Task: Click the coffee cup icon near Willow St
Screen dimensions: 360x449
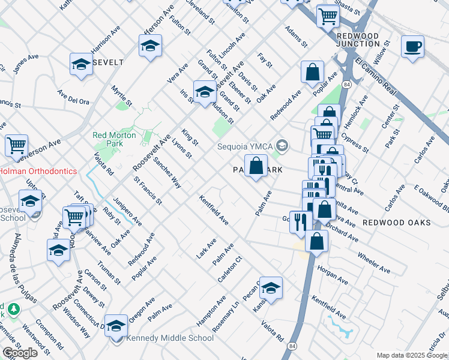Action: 412,46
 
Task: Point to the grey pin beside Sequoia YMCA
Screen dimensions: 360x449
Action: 283,145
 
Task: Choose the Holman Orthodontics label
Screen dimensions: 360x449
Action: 38,171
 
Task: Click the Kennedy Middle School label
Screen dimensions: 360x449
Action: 169,338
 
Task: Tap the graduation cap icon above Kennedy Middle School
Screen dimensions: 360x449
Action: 116,325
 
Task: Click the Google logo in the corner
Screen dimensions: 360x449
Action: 20,352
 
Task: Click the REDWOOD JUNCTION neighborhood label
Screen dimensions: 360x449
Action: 358,40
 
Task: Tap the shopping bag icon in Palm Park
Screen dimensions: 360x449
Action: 256,164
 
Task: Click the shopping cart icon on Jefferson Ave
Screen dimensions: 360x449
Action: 16,145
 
